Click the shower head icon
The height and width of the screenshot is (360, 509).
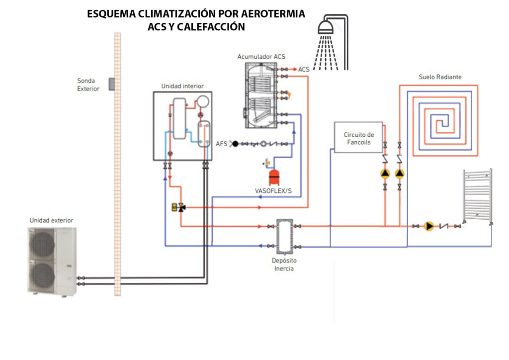pos(326,27)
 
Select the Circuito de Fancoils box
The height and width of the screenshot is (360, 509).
pos(358,137)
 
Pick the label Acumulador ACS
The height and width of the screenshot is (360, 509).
pos(261,57)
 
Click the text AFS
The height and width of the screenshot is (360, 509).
pos(222,144)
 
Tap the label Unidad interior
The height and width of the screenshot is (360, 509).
pos(182,86)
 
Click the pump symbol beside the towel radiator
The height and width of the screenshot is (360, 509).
pos(429,226)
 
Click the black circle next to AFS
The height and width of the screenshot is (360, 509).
pos(235,144)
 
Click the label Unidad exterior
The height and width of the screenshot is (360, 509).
pos(51,220)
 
